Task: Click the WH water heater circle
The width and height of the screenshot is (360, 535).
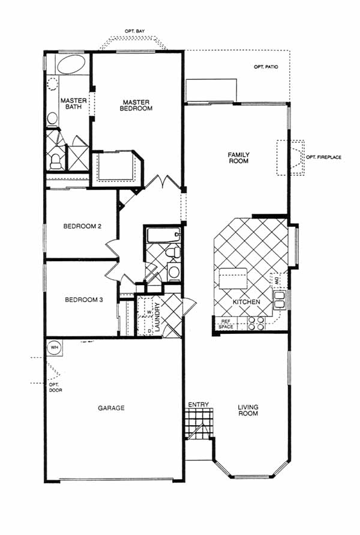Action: (x=54, y=348)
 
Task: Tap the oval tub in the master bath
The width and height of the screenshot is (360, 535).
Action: (x=71, y=64)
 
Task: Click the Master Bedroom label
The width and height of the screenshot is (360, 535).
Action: (x=136, y=105)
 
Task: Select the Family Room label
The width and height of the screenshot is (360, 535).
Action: (x=239, y=158)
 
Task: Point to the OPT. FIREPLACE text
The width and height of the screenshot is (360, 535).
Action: (x=323, y=157)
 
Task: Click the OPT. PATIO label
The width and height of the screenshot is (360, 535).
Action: (x=266, y=67)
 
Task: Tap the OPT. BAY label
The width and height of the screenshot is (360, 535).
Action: (x=134, y=31)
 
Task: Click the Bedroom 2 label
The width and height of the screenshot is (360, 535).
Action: (x=82, y=226)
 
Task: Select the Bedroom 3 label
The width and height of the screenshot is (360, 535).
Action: (x=84, y=300)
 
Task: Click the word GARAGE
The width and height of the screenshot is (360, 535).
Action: (x=111, y=408)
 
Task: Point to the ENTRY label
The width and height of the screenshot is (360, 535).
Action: (x=199, y=404)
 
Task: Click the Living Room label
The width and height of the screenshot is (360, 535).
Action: (x=248, y=410)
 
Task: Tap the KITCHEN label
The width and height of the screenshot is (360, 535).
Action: (x=247, y=302)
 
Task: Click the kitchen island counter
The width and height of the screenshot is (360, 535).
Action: (x=233, y=278)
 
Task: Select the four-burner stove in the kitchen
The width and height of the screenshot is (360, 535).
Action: (x=256, y=324)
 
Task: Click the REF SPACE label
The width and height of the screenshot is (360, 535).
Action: (x=226, y=324)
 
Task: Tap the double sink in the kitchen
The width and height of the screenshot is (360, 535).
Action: (x=280, y=300)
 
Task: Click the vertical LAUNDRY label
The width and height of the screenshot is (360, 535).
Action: (x=157, y=317)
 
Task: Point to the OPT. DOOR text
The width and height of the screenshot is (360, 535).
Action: (x=56, y=387)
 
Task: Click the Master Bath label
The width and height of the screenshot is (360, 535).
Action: (x=74, y=104)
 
